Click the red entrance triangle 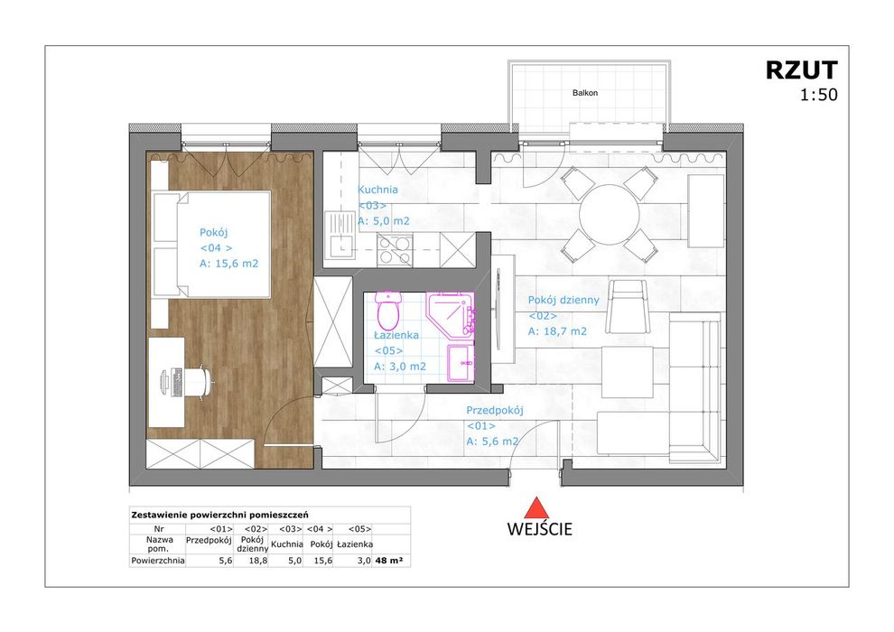pos(535,508)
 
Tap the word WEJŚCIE pos(539,529)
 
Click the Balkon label pos(585,92)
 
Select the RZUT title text pos(801,70)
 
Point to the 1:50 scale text pos(819,95)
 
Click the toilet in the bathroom pos(387,310)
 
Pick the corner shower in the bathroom pos(451,314)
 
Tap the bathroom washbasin pos(461,362)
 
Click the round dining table pos(609,215)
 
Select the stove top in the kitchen pos(395,250)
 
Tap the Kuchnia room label pos(377,190)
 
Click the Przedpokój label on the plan pos(494,410)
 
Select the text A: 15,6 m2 pos(228,264)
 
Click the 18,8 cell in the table pos(259,561)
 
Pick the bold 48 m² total pos(389,561)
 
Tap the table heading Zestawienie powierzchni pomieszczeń pos(219,516)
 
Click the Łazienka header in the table pos(355,544)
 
